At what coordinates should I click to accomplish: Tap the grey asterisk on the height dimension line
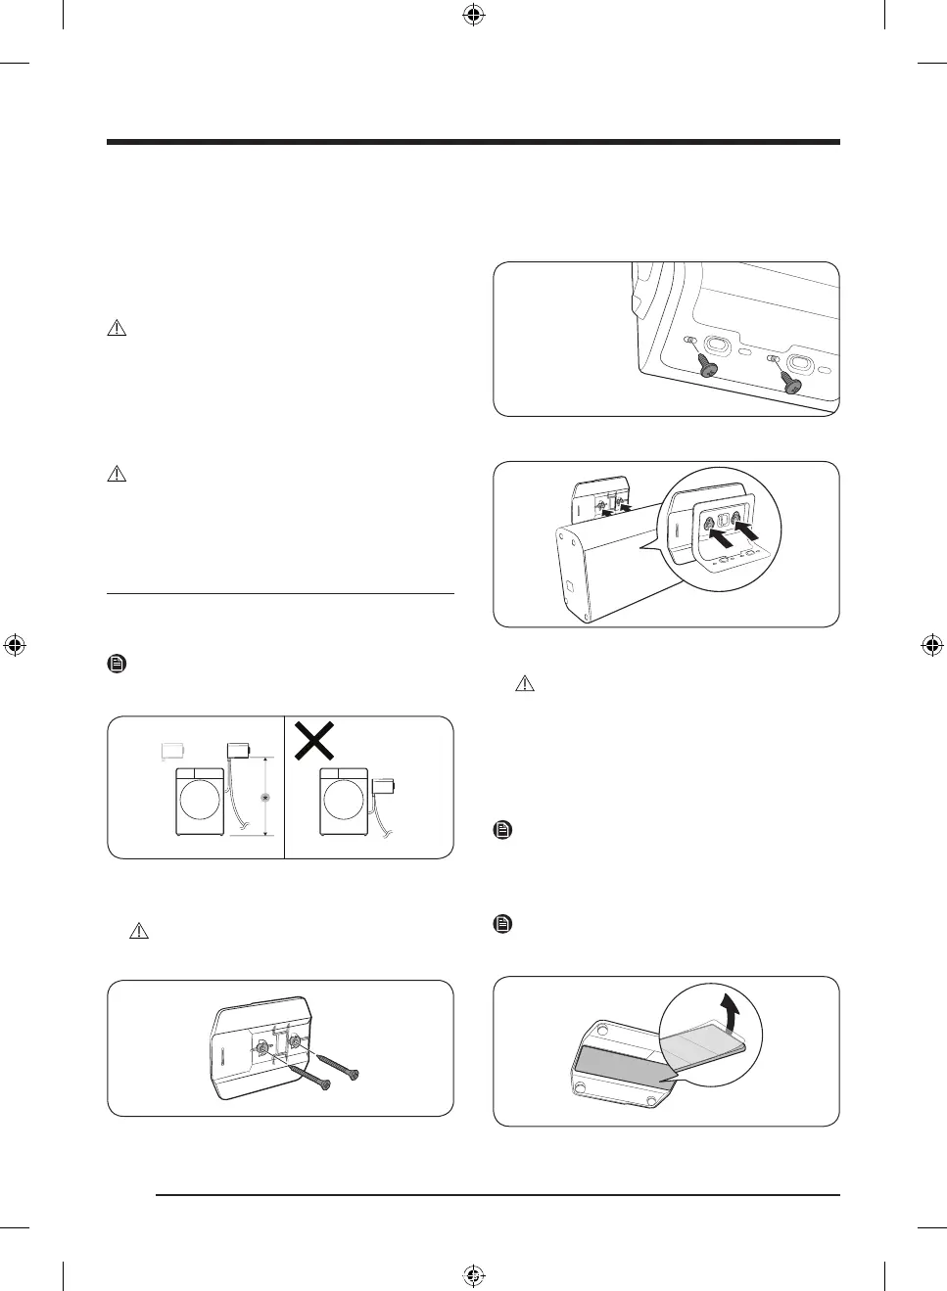tap(263, 798)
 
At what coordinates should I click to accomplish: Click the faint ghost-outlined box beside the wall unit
tap(173, 751)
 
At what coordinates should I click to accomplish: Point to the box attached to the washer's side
tap(383, 786)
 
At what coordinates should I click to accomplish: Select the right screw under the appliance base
tap(788, 383)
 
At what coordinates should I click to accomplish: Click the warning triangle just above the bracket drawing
tap(138, 932)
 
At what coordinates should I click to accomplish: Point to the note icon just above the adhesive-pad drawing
tap(501, 924)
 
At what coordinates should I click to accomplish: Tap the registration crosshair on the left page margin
tap(14, 645)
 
